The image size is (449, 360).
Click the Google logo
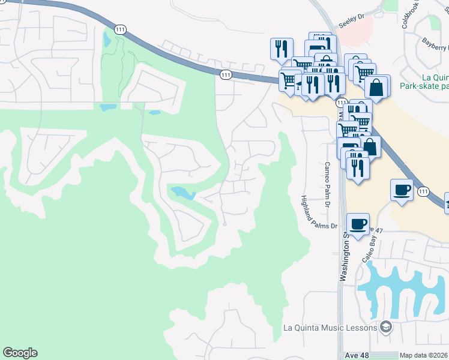point(20,353)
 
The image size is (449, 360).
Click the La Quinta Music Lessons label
point(330,328)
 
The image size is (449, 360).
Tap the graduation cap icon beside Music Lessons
point(386,327)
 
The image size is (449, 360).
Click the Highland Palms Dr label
point(319,213)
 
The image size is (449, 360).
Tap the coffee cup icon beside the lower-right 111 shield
point(402,190)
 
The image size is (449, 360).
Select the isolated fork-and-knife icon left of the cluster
point(282,48)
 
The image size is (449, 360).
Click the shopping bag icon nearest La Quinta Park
point(376,87)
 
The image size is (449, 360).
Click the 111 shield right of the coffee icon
point(424,191)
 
